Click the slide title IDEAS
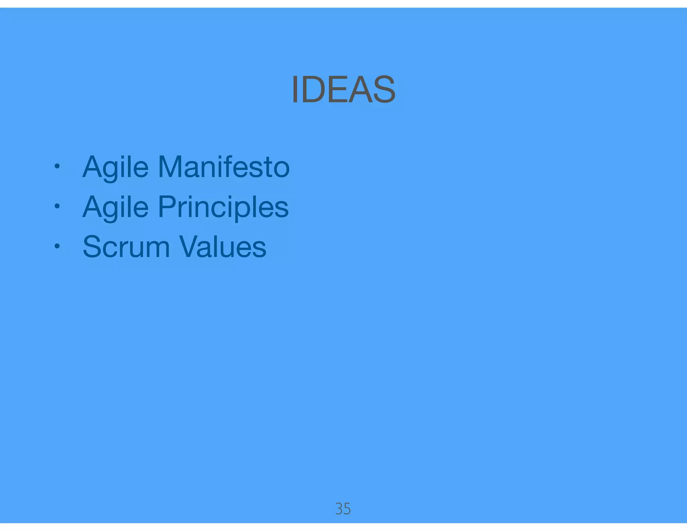point(343,89)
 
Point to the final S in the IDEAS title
point(384,89)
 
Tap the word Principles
point(223,207)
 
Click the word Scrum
point(126,247)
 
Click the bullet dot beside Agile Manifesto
point(57,166)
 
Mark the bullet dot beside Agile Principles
point(57,206)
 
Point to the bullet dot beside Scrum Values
point(57,246)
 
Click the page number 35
point(343,509)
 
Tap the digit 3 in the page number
point(339,509)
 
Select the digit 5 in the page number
point(347,509)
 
